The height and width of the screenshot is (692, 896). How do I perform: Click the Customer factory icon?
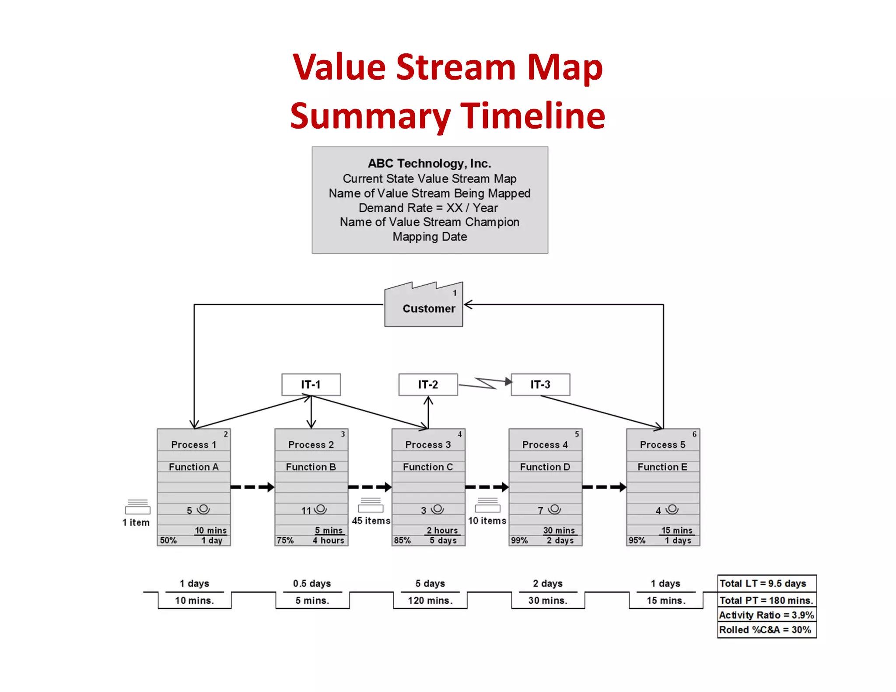(423, 306)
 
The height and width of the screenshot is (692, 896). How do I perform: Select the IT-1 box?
(311, 384)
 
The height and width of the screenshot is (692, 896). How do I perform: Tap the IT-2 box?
(428, 384)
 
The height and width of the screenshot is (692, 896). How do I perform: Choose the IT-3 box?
(540, 384)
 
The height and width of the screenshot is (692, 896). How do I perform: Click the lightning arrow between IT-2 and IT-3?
(485, 383)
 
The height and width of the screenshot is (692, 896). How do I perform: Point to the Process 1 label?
(193, 444)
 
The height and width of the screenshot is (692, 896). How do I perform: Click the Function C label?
(428, 467)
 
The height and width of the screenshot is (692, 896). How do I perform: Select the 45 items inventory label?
(371, 521)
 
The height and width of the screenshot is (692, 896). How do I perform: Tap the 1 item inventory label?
(136, 522)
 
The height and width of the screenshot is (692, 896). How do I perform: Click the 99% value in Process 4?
(519, 540)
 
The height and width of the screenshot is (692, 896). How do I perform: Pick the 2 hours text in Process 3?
(442, 530)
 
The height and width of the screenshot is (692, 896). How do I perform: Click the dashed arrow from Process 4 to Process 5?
(604, 487)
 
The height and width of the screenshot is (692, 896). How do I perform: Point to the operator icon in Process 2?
(321, 509)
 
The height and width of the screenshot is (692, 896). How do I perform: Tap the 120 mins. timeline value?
(430, 601)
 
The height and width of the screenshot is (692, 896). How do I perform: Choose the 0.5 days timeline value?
(312, 584)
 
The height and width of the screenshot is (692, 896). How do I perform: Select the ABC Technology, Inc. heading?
(430, 164)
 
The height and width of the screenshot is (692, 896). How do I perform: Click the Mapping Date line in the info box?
(430, 237)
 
